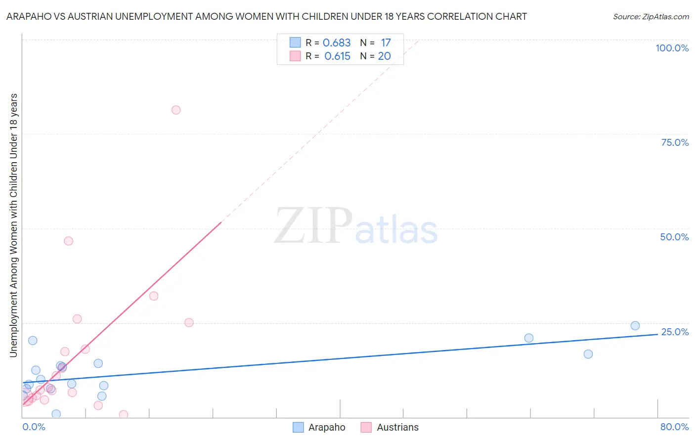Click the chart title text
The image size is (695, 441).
click(266, 16)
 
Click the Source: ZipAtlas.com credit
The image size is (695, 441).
click(651, 16)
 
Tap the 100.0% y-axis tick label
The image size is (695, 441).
click(672, 48)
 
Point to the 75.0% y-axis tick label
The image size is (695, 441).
click(675, 142)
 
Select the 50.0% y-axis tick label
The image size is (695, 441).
click(674, 237)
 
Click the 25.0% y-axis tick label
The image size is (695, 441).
click(675, 332)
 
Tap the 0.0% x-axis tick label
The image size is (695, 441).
click(34, 427)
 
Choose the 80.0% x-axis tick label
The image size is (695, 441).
click(674, 427)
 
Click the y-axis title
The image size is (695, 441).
click(13, 225)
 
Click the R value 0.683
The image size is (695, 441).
click(337, 43)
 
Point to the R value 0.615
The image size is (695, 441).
click(337, 56)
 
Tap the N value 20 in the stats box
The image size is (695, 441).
click(384, 56)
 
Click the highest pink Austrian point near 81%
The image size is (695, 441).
click(176, 110)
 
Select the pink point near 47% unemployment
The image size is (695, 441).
click(69, 241)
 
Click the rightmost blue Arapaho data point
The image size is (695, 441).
click(635, 325)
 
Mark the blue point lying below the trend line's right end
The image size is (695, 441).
click(588, 354)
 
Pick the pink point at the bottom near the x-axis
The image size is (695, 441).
click(124, 414)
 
